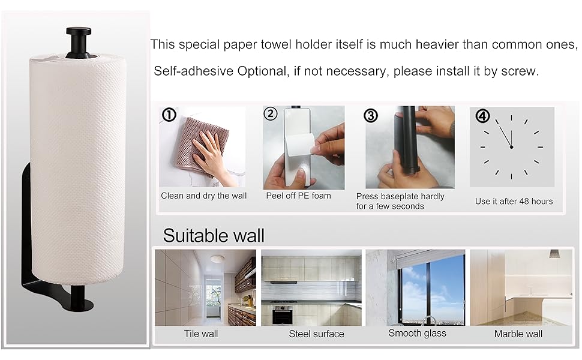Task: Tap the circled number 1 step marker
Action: coord(169,114)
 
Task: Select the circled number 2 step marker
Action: coord(271,113)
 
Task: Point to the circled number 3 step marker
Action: coord(371,115)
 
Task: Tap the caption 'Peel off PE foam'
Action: coord(298,196)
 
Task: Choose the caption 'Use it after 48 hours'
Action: coord(514,201)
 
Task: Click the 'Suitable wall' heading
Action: coord(213,235)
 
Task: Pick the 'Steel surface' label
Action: coord(316,334)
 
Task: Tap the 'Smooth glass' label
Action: coord(418,333)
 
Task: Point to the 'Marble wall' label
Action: coord(518,334)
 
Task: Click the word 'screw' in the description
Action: coord(519,71)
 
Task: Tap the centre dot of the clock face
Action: coord(511,147)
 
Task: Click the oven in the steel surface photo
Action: coord(282,314)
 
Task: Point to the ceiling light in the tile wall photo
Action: coord(218,259)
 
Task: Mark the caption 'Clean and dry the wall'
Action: coord(203,196)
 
